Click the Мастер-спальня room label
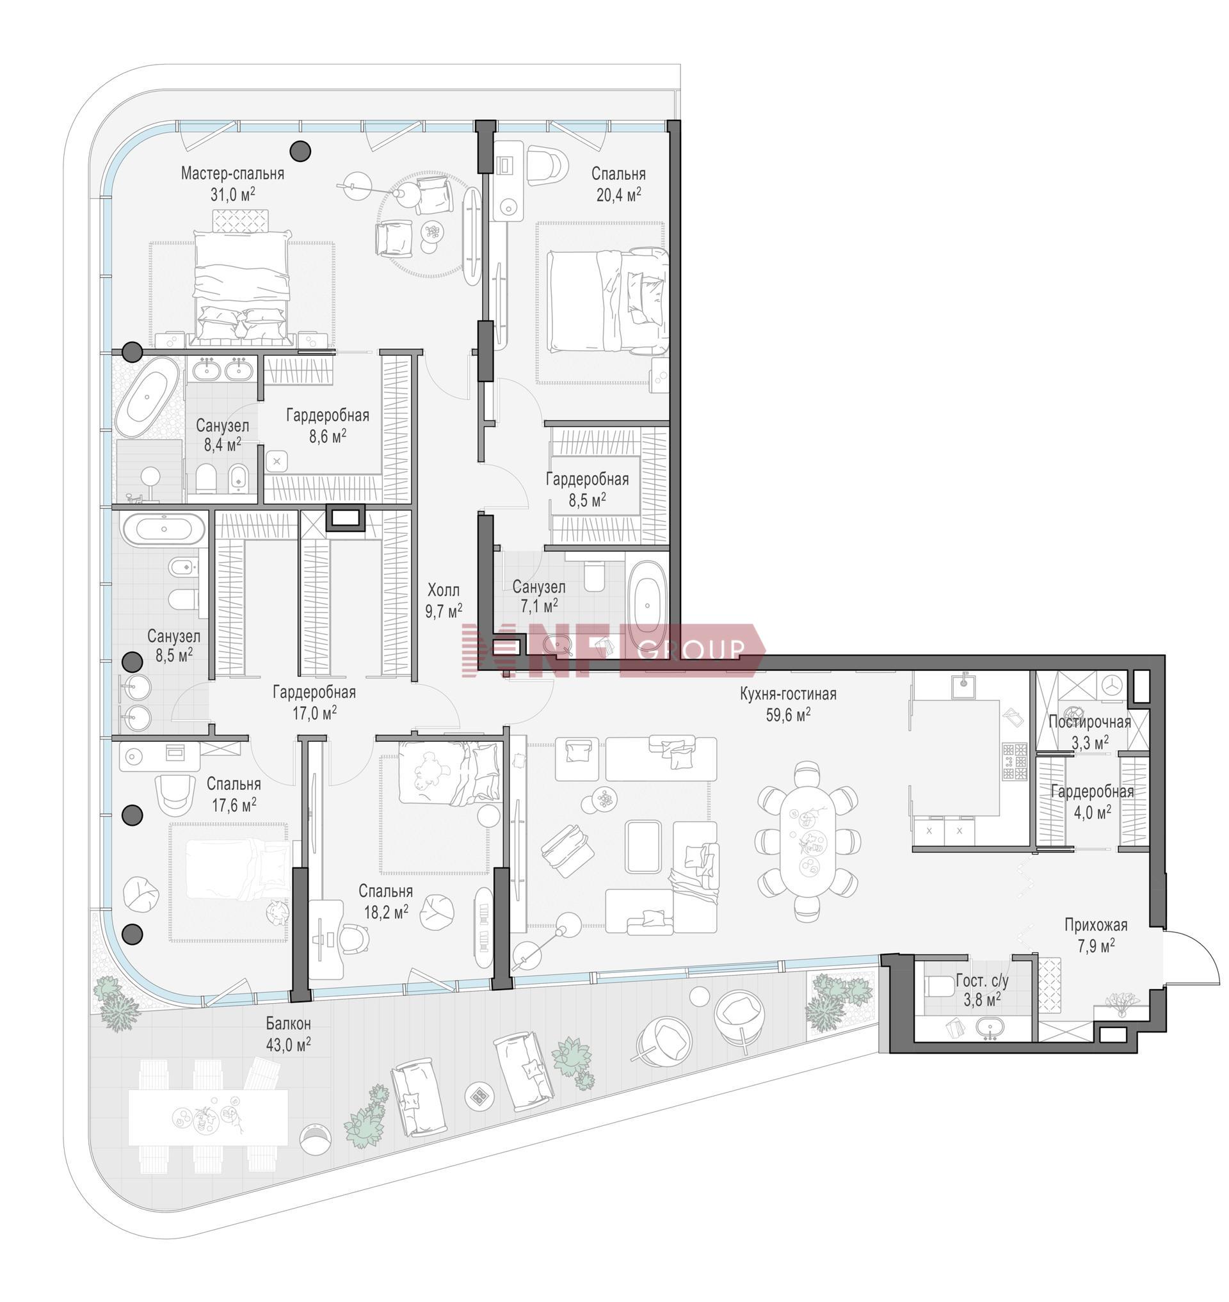tap(232, 173)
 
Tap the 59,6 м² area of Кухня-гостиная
tap(788, 715)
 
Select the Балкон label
tap(288, 1023)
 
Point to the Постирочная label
tap(1089, 722)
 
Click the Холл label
tap(444, 590)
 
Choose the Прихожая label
tap(1096, 924)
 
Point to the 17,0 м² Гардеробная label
tap(314, 702)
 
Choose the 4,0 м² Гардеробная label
tap(1092, 802)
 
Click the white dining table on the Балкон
tap(208, 1116)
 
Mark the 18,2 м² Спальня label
tap(385, 901)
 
